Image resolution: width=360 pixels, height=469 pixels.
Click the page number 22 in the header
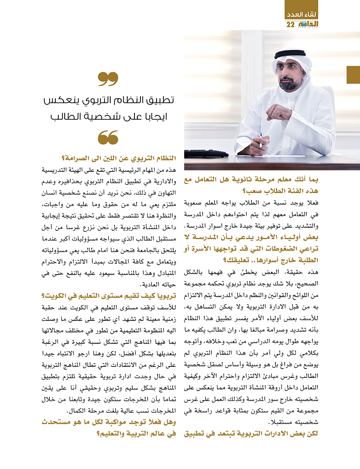290,24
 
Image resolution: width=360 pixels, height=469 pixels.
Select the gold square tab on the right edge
353,75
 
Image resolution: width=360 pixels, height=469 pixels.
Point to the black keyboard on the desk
206,153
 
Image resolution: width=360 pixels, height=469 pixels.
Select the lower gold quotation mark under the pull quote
108,137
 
